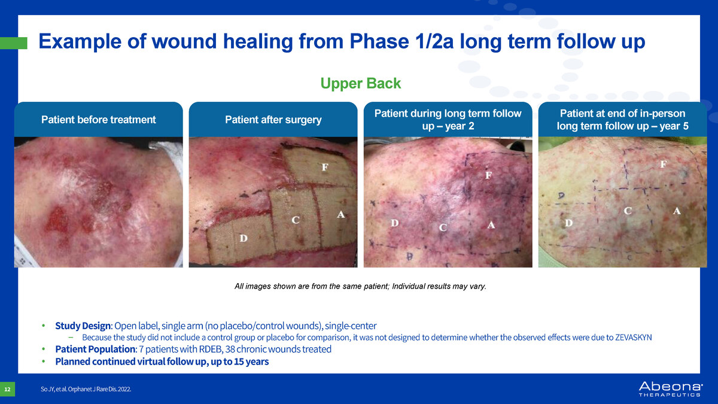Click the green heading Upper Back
click(x=360, y=83)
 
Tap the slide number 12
click(x=7, y=389)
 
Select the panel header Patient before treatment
click(x=98, y=120)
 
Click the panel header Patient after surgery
click(x=273, y=120)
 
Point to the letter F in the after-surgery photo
click(x=325, y=167)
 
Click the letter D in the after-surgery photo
click(x=244, y=238)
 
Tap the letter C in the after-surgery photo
click(x=296, y=220)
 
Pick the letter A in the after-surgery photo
click(x=340, y=214)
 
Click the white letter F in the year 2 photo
click(x=488, y=175)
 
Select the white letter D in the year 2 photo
click(x=394, y=223)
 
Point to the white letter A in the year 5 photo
click(x=677, y=211)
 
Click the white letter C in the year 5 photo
click(x=628, y=211)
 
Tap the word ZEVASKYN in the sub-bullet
click(x=634, y=338)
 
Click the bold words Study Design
click(x=83, y=326)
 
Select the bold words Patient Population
click(x=95, y=349)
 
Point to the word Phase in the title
click(x=379, y=41)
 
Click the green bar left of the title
click(x=13, y=43)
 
